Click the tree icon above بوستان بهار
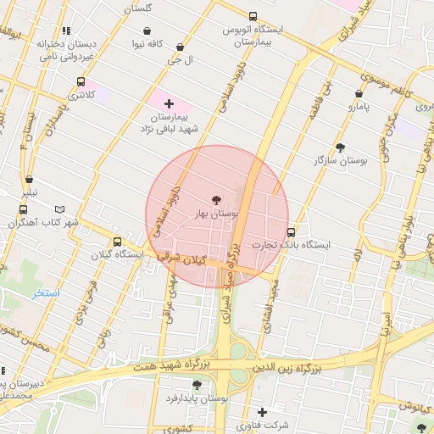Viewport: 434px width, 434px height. coord(215,200)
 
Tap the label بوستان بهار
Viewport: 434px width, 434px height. coord(218,214)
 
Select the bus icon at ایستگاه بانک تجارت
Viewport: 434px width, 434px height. coord(292,231)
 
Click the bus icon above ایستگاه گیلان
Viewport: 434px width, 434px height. coord(117,242)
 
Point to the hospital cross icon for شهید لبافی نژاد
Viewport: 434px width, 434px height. coord(169,103)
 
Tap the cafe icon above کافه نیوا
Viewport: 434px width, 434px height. coord(147,31)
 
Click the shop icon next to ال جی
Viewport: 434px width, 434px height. coord(178,47)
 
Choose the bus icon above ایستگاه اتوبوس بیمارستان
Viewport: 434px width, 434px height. coord(253,16)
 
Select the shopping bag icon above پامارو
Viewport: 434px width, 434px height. coord(359,94)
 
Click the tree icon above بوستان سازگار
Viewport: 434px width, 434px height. coord(340,147)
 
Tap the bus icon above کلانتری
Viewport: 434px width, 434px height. coord(81,83)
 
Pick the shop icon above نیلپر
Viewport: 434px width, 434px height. coord(30,180)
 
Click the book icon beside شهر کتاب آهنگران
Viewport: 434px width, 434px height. coord(59,209)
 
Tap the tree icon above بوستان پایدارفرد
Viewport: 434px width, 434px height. coord(197,385)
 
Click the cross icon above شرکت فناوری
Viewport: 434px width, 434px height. coord(261,412)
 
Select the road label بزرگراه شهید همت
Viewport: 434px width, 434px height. coord(170,366)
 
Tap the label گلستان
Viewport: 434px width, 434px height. coord(137,8)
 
